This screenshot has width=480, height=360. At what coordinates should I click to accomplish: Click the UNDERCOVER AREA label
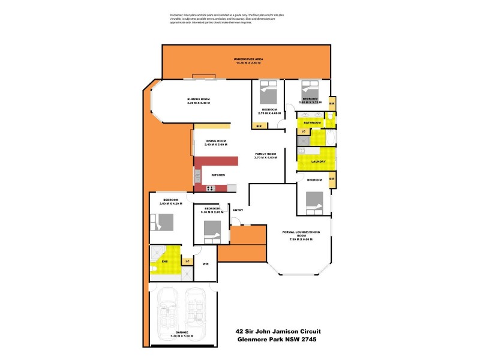[249, 59]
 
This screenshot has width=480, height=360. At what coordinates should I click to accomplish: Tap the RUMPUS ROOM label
[199, 99]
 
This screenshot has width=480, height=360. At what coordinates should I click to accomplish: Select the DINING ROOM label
[216, 141]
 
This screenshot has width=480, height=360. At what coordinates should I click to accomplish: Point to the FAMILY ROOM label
[265, 154]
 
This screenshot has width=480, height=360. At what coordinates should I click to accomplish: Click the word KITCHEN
[218, 175]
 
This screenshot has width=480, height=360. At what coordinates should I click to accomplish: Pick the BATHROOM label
[312, 122]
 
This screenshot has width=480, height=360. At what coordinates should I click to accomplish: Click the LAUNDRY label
[319, 161]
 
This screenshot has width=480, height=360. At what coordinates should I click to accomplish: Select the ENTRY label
[238, 210]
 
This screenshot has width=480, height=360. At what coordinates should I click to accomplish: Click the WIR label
[205, 263]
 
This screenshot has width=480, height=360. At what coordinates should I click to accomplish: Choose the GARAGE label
[182, 332]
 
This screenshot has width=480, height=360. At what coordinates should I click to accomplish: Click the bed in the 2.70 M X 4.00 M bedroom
[268, 94]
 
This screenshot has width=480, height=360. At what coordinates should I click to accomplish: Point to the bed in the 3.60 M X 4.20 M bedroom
[162, 223]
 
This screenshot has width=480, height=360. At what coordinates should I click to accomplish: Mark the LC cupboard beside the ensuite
[188, 261]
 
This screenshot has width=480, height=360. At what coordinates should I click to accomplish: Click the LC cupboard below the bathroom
[303, 131]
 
